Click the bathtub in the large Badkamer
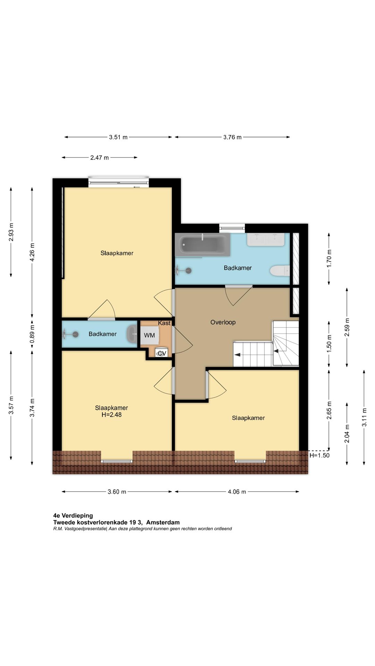click(202, 245)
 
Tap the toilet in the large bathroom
click(280, 271)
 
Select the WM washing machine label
click(150, 335)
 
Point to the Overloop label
click(223, 322)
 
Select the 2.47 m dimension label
click(100, 157)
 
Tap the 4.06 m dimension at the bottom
click(237, 492)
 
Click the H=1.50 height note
click(319, 455)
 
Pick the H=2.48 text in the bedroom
click(111, 415)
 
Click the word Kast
click(164, 323)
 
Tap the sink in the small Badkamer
click(132, 334)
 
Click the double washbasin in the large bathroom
click(266, 240)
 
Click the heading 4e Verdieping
click(73, 515)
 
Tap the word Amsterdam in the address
click(163, 522)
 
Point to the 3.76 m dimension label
click(232, 137)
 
